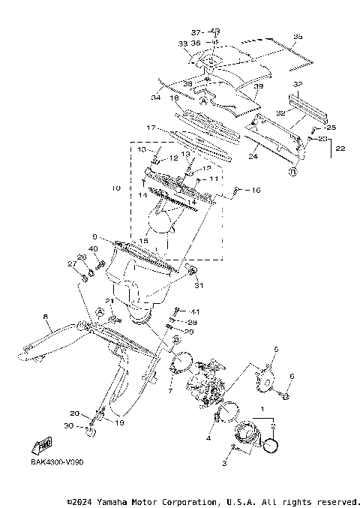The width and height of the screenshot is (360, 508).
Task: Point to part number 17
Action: (151, 128)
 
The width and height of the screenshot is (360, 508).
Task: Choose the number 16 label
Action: (256, 191)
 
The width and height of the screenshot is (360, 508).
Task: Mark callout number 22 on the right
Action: (340, 149)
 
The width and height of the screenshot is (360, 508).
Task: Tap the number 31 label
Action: (199, 285)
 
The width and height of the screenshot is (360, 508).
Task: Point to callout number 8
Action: (46, 317)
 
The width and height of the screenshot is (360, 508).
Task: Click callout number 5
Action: (275, 350)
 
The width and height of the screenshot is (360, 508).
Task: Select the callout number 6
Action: (292, 376)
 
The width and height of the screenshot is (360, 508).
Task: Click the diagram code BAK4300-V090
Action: (57, 461)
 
